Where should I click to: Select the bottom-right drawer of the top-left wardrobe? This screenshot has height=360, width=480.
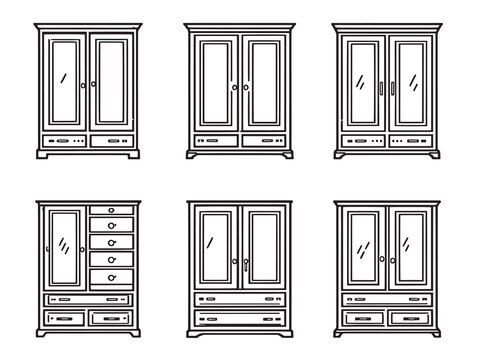110,141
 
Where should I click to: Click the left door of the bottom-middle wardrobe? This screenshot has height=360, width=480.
214,250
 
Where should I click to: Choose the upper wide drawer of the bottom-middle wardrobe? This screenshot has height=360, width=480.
238,298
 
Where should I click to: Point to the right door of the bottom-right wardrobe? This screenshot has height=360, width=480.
410,250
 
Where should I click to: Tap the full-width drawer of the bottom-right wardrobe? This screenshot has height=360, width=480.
386,298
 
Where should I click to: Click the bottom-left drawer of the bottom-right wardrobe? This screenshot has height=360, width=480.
362,318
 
